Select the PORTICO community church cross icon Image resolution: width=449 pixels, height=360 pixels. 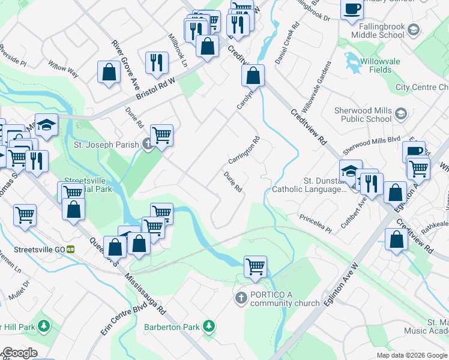point(241,298)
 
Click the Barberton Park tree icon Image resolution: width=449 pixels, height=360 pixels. point(208,326)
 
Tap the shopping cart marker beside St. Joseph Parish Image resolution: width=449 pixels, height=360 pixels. point(162,136)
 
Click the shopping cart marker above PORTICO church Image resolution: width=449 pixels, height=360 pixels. point(255,266)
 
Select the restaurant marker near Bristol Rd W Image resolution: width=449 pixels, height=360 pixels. point(155,62)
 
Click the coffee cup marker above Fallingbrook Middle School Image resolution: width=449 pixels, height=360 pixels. point(352,10)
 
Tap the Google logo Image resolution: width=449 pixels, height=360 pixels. point(19,353)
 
